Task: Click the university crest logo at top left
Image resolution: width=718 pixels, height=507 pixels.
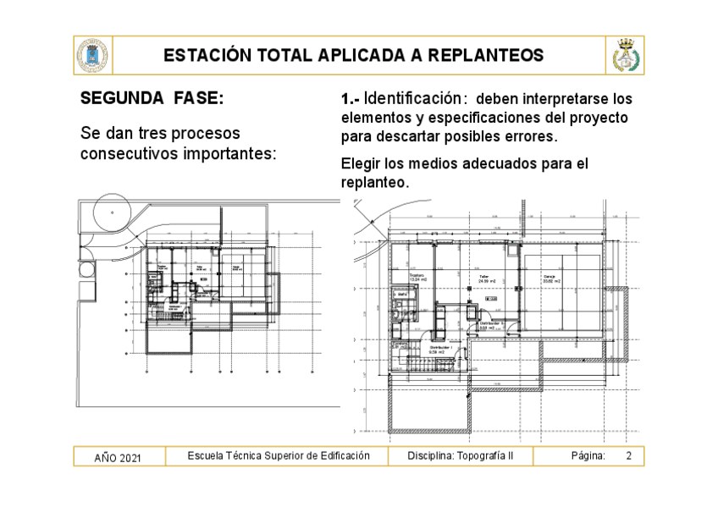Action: [91, 56]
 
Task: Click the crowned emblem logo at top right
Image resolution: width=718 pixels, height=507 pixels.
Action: [625, 56]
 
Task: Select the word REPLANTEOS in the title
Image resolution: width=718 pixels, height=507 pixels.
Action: [485, 56]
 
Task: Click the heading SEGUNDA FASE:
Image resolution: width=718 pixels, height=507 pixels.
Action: [152, 99]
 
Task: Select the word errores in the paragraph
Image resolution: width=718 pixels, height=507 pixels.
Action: [530, 136]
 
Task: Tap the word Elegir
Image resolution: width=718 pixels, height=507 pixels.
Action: [360, 163]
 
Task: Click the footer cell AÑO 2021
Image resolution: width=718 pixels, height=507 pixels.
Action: [118, 458]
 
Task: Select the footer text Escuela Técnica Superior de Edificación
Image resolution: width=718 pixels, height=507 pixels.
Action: [279, 456]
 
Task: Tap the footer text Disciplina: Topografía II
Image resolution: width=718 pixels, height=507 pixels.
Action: [460, 456]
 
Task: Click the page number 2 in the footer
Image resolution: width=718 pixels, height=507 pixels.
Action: [629, 456]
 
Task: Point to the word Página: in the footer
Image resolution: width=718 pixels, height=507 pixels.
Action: [588, 456]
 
